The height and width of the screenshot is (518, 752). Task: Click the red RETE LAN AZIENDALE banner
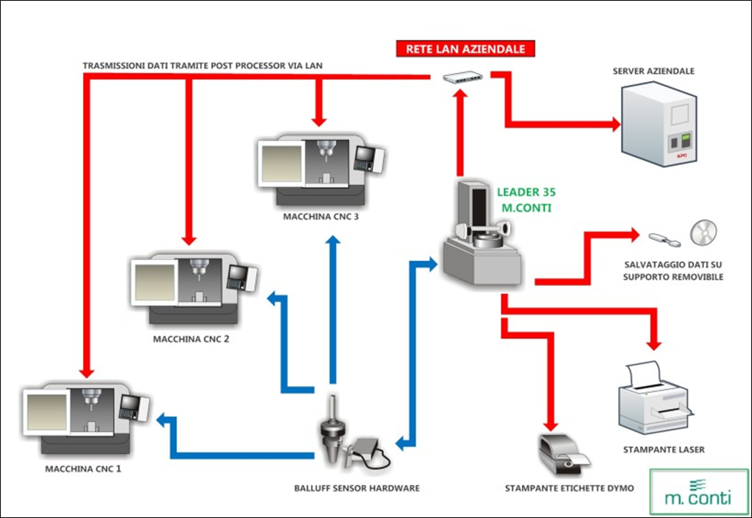(465, 49)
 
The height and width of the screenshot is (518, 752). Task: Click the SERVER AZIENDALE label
(653, 71)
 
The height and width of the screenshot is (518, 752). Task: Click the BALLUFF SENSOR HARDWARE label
(356, 488)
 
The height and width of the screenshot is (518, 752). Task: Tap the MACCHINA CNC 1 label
(82, 469)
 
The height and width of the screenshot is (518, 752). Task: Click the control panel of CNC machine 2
(239, 276)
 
